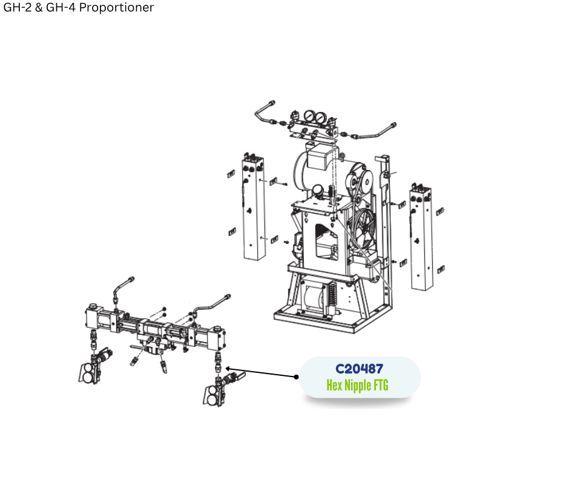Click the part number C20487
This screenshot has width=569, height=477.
pos(359,369)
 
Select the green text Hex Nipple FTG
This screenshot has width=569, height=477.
pos(357,385)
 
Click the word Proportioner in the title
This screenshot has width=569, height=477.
pos(116,7)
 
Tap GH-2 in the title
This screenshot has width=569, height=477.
pos(18,7)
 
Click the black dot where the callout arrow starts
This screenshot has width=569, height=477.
pos(296,377)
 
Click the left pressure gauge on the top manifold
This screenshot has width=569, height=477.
pos(309,116)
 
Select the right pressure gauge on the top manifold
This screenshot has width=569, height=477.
pos(320,118)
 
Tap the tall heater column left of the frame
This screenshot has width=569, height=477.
pos(253,208)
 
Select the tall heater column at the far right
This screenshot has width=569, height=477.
pos(421,238)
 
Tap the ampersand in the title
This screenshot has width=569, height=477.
pos(39,7)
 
